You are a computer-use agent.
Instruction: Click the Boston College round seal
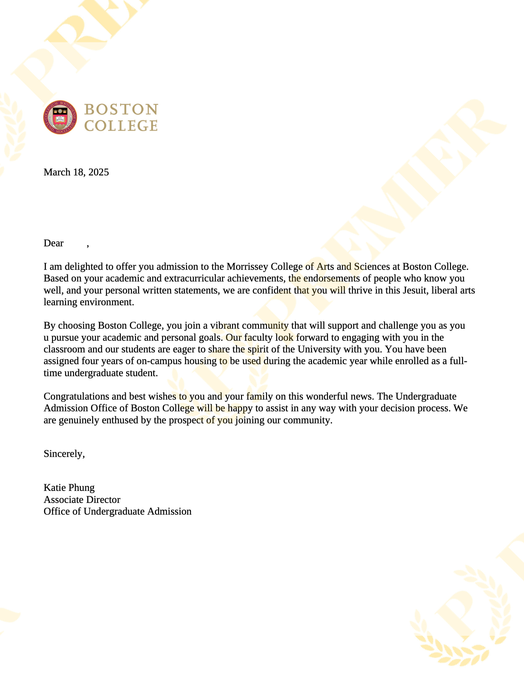tap(60, 117)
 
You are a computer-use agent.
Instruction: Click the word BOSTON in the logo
tap(121, 109)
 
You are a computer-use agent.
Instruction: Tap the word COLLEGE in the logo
tap(121, 126)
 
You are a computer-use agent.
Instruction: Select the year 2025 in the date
tap(99, 172)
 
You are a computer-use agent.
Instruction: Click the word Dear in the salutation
tap(53, 243)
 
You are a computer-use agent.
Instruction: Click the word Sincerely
tap(63, 454)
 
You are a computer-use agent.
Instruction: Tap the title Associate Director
tap(82, 500)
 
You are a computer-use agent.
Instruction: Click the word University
tap(319, 349)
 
